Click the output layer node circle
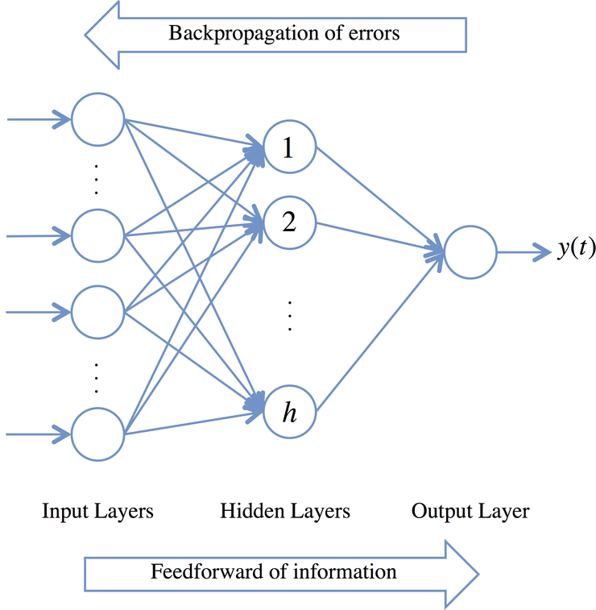point(470,252)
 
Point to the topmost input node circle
point(97,120)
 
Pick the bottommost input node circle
point(97,434)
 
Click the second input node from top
point(97,235)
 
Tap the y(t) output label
point(576,250)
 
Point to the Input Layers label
point(97,511)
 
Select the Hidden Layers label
point(285,511)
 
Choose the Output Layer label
point(470,511)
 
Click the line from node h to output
point(379,334)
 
